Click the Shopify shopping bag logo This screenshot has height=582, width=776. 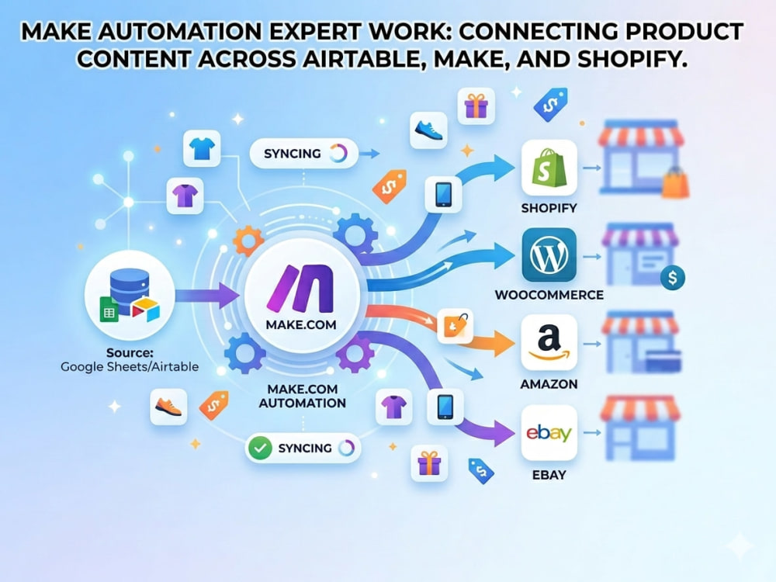(549, 168)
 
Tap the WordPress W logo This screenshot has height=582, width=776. (549, 255)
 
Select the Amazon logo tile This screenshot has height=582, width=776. (549, 342)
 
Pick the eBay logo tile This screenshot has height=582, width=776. (549, 433)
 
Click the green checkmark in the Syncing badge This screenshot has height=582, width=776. (260, 449)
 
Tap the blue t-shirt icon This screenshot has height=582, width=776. (202, 148)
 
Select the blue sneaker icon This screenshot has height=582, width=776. (428, 130)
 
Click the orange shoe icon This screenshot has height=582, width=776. (168, 407)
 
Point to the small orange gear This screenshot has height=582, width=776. (248, 241)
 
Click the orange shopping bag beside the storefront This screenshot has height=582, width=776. (676, 182)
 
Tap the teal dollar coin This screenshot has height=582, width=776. (673, 278)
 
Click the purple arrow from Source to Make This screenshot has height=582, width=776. (207, 296)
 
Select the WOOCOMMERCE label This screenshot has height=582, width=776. (549, 295)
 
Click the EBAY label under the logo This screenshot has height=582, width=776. (549, 475)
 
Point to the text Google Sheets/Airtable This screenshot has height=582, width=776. (130, 367)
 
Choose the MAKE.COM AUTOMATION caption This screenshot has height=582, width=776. (303, 396)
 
